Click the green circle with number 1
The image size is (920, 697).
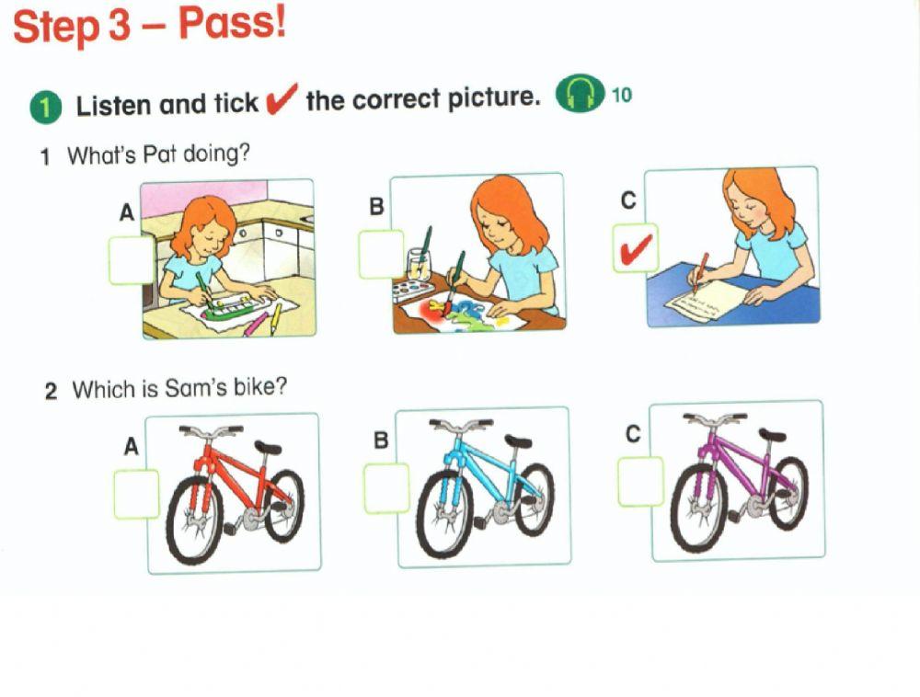click(44, 106)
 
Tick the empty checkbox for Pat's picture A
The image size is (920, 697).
click(131, 260)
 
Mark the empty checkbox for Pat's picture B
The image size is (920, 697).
click(381, 255)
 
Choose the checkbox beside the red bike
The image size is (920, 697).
click(136, 494)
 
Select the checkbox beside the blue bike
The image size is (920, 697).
click(386, 488)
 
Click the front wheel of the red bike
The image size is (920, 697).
click(194, 520)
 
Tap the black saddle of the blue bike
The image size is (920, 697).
click(518, 442)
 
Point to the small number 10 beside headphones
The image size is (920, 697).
click(622, 95)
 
